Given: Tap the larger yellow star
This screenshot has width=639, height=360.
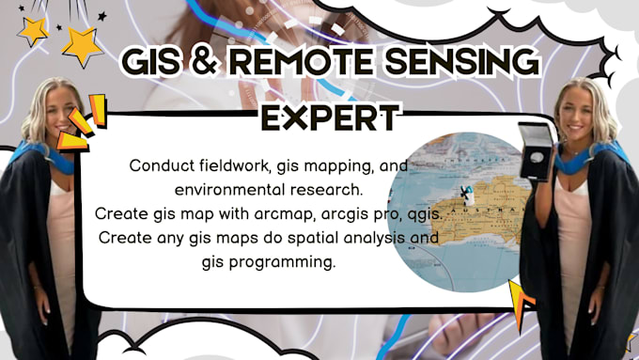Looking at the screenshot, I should (83, 44).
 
